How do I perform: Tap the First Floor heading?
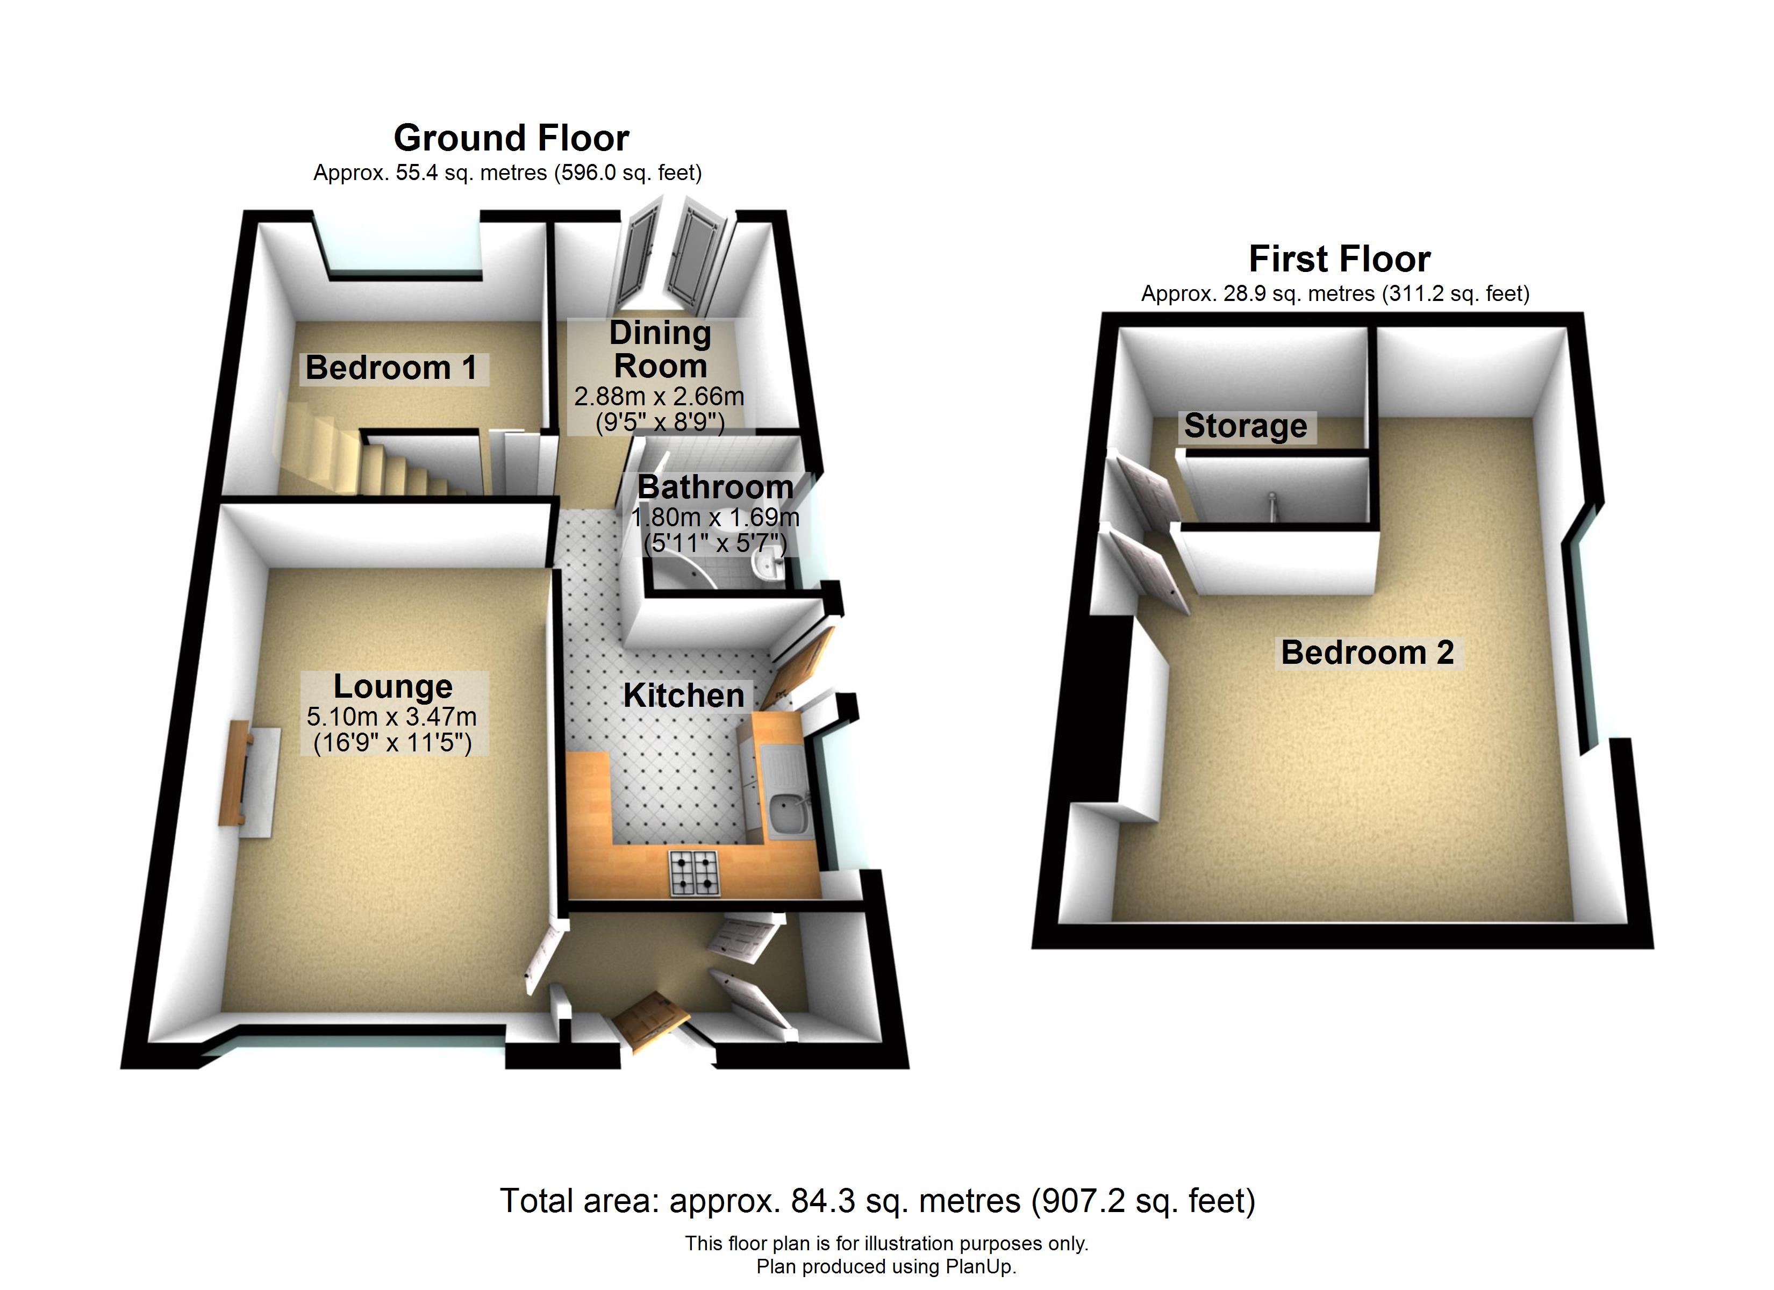pyautogui.click(x=1339, y=259)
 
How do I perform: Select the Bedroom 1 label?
pyautogui.click(x=391, y=368)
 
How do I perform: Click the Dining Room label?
pyautogui.click(x=660, y=350)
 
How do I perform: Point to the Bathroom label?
pyautogui.click(x=715, y=486)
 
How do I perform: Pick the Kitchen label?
pyautogui.click(x=684, y=696)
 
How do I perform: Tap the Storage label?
pyautogui.click(x=1245, y=426)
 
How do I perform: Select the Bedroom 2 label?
pyautogui.click(x=1367, y=653)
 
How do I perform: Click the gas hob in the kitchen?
pyautogui.click(x=694, y=873)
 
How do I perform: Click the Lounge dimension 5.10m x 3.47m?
pyautogui.click(x=391, y=716)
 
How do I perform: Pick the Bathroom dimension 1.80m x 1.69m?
pyautogui.click(x=715, y=517)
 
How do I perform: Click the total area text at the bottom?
pyautogui.click(x=878, y=1200)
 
